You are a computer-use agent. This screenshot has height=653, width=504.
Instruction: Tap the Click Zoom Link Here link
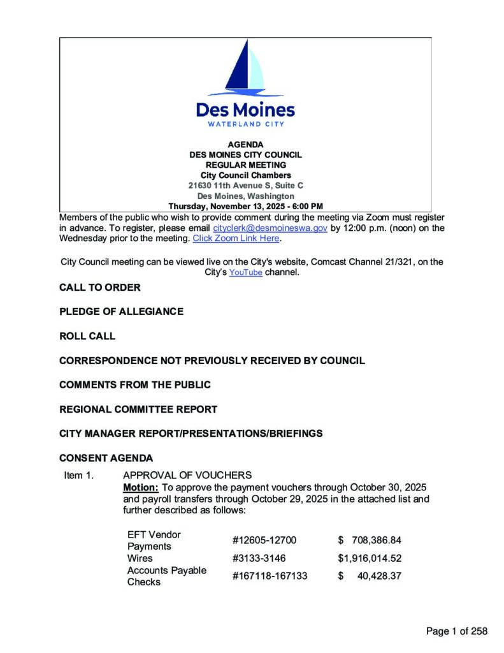point(236,238)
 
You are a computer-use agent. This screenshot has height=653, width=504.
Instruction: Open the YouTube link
point(245,272)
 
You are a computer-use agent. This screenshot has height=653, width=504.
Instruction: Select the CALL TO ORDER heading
point(99,288)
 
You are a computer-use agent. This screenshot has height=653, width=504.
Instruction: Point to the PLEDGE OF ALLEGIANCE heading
point(121,312)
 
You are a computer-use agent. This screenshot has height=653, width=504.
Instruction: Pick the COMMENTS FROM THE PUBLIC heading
point(134,385)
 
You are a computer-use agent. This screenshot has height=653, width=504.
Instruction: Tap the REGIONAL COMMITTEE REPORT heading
point(138,409)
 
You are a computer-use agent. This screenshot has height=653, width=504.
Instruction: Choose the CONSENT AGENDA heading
point(106,458)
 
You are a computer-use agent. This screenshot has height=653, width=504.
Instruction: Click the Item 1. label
point(78,475)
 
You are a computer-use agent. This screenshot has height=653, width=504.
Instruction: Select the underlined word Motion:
point(136,487)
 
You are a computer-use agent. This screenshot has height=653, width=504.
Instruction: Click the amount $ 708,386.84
point(370,541)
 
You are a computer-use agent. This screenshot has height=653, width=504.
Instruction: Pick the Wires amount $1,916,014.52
point(370,559)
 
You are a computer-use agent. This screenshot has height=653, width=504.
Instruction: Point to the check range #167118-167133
point(270,576)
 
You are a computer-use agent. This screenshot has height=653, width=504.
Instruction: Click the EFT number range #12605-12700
point(264,541)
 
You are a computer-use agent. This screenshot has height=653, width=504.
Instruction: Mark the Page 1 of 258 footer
point(456,631)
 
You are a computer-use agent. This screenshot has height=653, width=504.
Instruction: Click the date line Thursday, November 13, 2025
point(245,206)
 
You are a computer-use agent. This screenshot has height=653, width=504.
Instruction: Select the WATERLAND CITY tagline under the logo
point(245,124)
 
